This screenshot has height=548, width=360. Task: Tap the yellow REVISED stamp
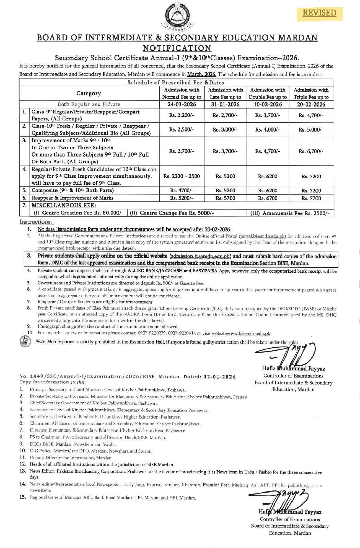[x=319, y=13]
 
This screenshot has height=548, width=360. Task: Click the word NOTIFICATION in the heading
[x=177, y=48]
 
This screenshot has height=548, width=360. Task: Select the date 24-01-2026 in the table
[x=182, y=104]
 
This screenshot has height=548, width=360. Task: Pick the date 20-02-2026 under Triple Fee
[x=311, y=104]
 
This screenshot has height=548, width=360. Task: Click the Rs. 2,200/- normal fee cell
[x=182, y=115]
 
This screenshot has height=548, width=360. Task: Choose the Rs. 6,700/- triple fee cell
[x=311, y=151]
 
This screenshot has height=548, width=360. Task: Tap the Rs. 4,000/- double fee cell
[x=268, y=130]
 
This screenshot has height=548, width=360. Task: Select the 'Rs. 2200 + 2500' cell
[x=182, y=176]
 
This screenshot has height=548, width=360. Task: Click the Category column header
[x=89, y=94]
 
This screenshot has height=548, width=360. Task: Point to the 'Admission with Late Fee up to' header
[x=225, y=94]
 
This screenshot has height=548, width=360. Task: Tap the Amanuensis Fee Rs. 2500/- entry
[x=290, y=213]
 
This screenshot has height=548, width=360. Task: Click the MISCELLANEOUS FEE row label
[x=64, y=206]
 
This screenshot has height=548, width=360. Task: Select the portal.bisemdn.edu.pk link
[x=262, y=236]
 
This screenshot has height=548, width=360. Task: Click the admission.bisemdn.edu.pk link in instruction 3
[x=200, y=256]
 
